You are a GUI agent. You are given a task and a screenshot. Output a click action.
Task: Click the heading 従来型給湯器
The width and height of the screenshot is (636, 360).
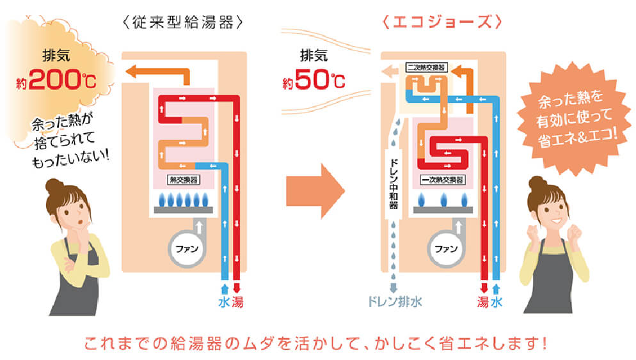[182, 22]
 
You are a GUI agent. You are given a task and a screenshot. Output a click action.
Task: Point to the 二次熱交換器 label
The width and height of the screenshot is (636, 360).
[426, 67]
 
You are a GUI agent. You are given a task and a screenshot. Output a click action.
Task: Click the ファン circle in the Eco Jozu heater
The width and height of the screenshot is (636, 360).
[445, 246]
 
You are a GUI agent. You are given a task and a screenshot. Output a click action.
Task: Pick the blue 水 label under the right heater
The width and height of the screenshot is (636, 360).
[497, 301]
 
